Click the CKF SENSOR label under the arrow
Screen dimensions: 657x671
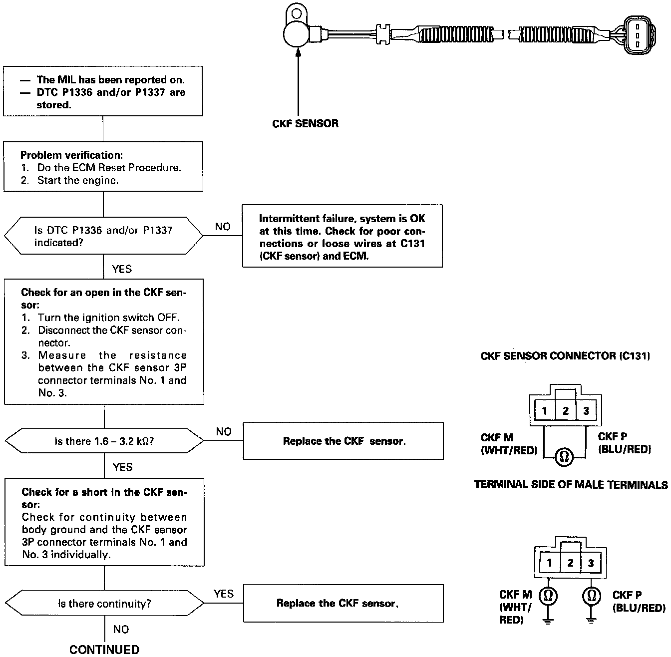(x=305, y=123)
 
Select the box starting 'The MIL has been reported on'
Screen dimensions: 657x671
(x=103, y=91)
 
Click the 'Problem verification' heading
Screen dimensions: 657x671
(x=71, y=155)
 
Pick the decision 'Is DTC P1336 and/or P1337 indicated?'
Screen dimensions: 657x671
(x=103, y=236)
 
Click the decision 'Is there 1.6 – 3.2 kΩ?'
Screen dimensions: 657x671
(x=104, y=441)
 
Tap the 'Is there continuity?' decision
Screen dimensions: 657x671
(x=104, y=604)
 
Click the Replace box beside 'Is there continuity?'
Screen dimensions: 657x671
(x=343, y=603)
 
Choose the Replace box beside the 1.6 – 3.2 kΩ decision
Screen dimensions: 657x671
(x=343, y=441)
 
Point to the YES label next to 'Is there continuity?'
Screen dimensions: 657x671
(x=223, y=594)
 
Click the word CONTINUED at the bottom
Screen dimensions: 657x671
(x=104, y=649)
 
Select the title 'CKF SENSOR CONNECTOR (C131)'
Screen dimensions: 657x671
(x=565, y=356)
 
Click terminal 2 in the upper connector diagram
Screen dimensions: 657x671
(x=565, y=411)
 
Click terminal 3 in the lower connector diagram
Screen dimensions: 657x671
(x=591, y=563)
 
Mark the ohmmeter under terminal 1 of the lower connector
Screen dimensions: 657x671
(x=548, y=595)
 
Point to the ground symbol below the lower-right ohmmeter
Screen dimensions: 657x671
(x=592, y=621)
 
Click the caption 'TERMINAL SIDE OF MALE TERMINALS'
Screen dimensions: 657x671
(x=571, y=484)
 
